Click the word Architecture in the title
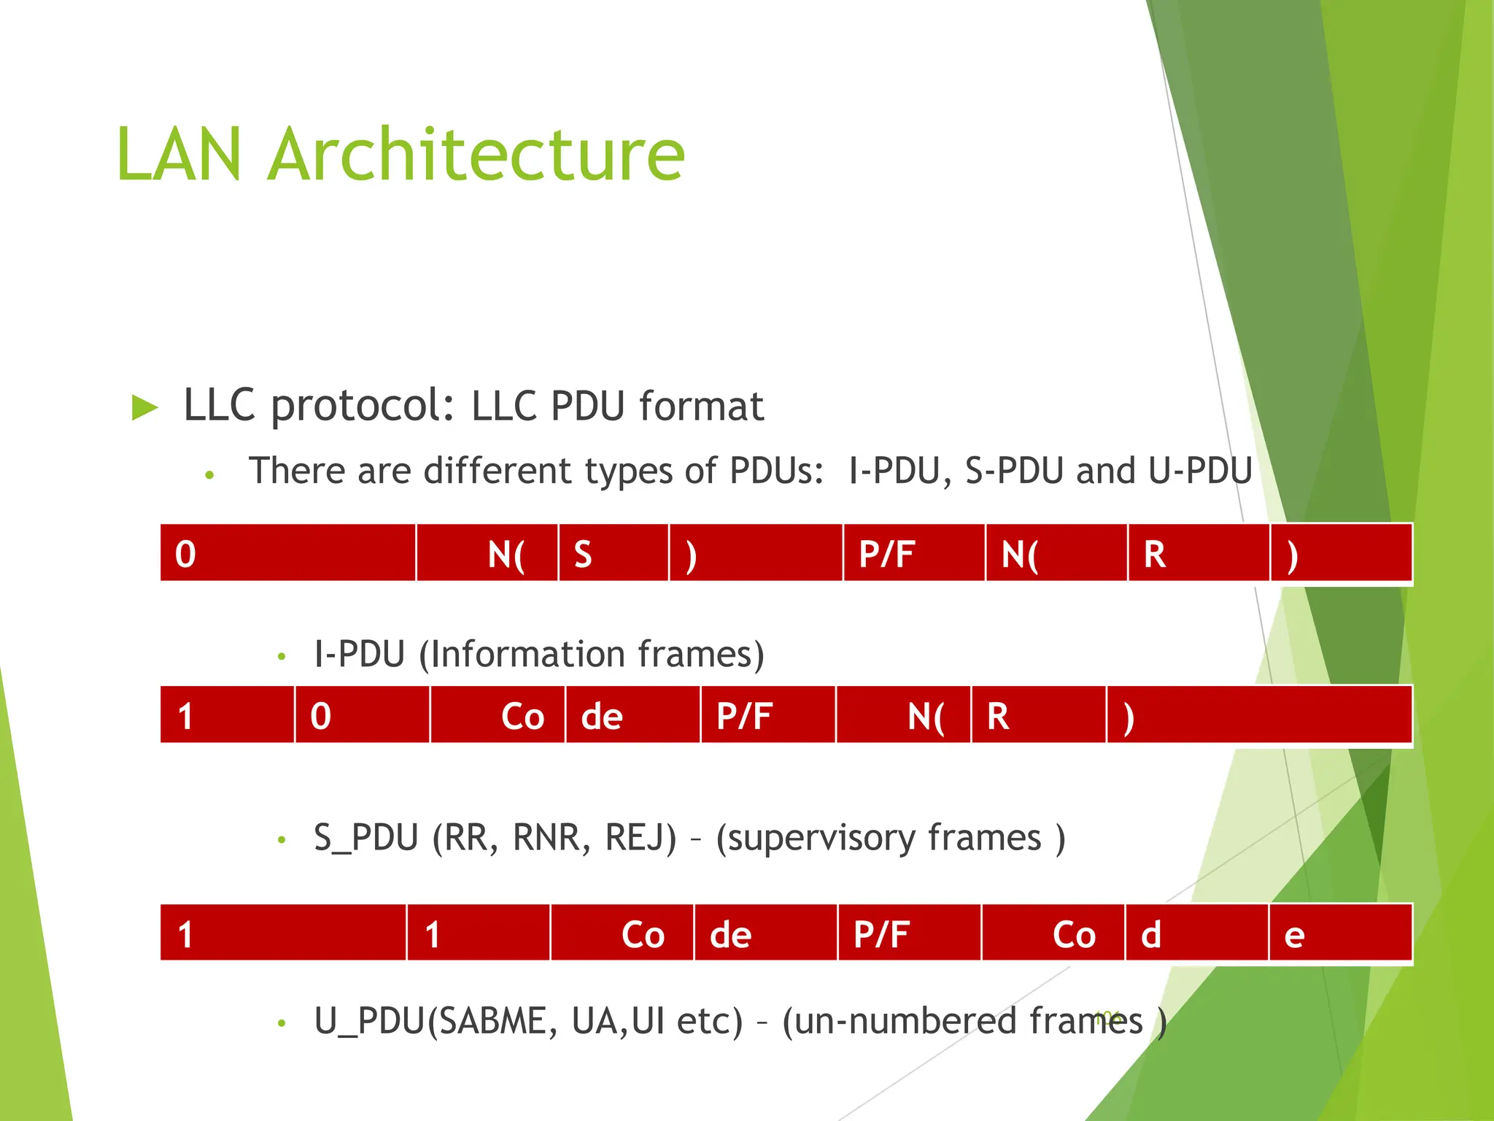point(476,155)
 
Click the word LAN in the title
point(179,155)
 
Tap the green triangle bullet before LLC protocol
point(144,407)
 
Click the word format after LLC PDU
point(701,407)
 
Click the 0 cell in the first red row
point(287,553)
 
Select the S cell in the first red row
point(613,553)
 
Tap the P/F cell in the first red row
point(913,553)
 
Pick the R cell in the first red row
point(1199,553)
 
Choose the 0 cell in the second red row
point(362,715)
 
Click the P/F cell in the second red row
point(767,715)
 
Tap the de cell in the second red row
point(632,715)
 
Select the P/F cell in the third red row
point(909,933)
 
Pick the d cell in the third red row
point(1196,933)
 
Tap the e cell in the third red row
point(1340,933)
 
